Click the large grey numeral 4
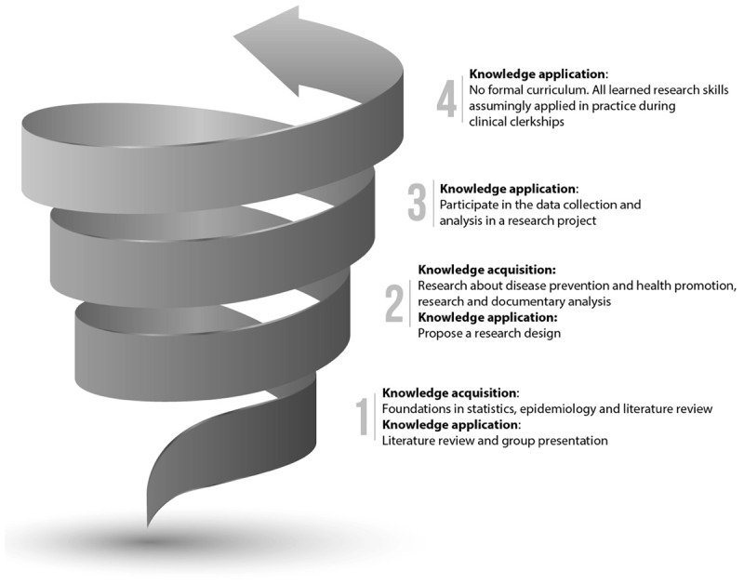click(447, 98)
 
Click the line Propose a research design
click(489, 334)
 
